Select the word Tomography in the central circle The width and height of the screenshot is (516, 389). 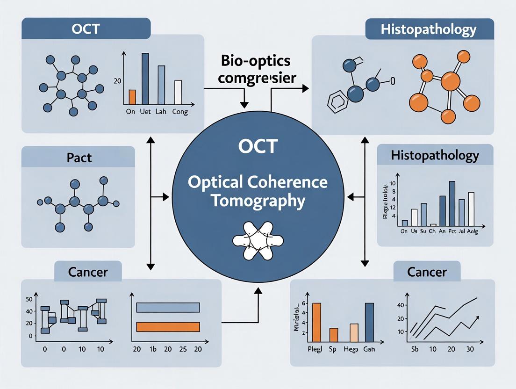[x=258, y=201]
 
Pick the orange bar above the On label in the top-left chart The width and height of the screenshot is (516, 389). [x=132, y=97]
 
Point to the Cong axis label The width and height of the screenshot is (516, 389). [x=180, y=112]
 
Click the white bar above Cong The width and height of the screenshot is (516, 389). [x=178, y=92]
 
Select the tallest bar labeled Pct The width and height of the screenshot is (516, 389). [x=452, y=203]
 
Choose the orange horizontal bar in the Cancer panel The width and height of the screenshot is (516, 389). [x=168, y=326]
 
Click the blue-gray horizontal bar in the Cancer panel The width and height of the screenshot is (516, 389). [x=168, y=307]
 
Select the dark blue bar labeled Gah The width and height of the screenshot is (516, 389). [x=369, y=323]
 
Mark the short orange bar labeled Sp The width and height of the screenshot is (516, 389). [x=334, y=335]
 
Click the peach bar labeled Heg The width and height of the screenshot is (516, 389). [x=354, y=333]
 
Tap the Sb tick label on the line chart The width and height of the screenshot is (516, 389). [x=414, y=349]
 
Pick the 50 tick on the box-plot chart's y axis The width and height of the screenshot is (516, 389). [x=29, y=299]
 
